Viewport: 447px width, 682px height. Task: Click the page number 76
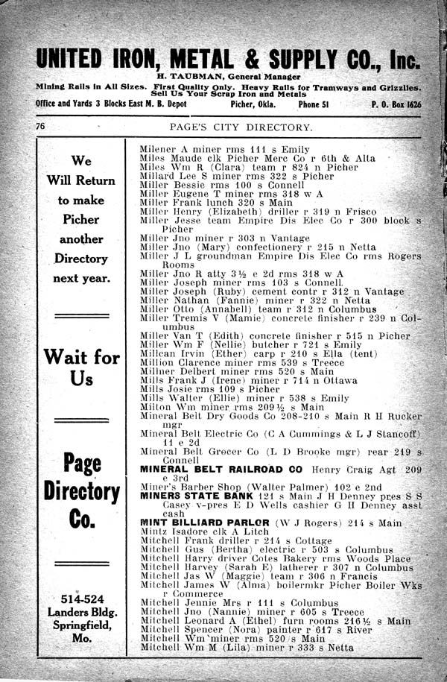41,127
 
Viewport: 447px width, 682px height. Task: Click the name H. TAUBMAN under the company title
195,77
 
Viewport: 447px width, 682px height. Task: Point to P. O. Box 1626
396,104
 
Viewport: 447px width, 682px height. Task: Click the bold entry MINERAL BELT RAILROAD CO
221,470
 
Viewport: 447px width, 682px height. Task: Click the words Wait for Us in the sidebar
82,367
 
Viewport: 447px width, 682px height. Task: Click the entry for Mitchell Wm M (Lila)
246,648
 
